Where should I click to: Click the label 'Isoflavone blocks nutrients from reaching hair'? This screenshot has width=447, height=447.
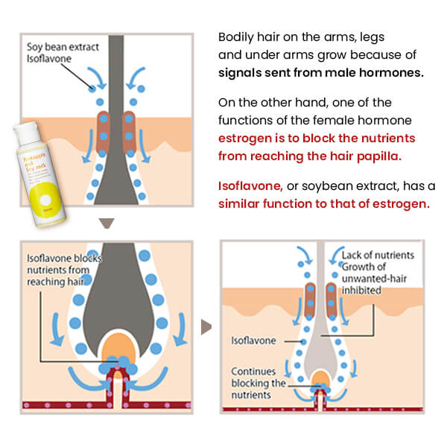click(63, 270)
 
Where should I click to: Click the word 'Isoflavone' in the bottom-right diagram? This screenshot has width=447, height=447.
click(253, 340)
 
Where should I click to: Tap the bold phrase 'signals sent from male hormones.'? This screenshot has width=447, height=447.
click(320, 73)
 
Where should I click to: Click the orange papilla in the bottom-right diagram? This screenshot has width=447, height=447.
click(321, 378)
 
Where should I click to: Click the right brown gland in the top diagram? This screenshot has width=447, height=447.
click(130, 127)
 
